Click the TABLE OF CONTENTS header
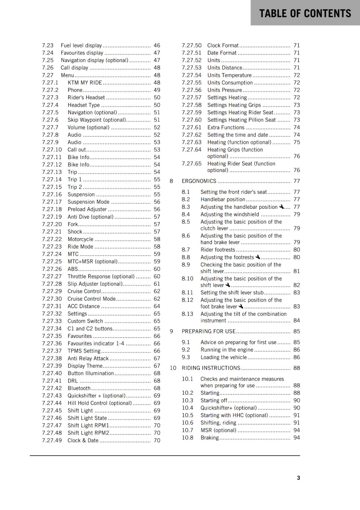coord(305,13)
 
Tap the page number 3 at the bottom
coord(298,478)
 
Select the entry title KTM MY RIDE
coord(85,83)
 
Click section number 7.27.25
coord(52,261)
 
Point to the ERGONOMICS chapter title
coord(199,181)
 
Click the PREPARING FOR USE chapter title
coord(208,331)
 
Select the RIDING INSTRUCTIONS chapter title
coord(211,368)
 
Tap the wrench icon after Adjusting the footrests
coord(258,257)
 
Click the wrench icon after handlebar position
coord(281,207)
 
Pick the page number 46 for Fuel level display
coord(157,46)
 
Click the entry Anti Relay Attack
coord(88,358)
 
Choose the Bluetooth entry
coord(79,388)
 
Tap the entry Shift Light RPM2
coord(88,433)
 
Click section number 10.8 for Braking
coord(187,438)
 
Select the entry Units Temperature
coord(229,75)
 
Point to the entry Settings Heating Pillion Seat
coord(241,120)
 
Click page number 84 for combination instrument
coord(297,320)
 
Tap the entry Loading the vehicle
coord(223,357)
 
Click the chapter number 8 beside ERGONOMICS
coord(171,181)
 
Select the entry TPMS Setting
coord(84,351)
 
